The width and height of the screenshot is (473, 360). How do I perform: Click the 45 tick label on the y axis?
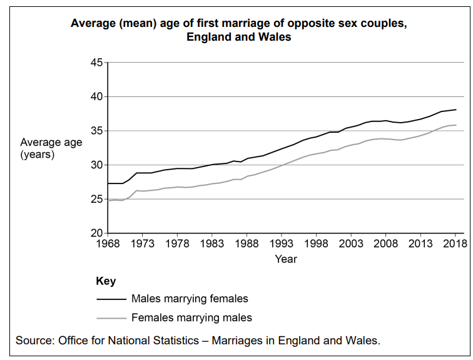(96, 63)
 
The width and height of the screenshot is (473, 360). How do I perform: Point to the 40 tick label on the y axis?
(96, 97)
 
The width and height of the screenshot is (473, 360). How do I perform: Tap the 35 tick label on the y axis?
(96, 131)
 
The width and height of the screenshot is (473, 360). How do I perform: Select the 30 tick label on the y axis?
(96, 165)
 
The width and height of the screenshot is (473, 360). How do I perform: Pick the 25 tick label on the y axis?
(96, 199)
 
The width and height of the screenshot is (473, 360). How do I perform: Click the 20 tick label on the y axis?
(96, 234)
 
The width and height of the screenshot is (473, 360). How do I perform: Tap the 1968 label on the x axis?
(108, 244)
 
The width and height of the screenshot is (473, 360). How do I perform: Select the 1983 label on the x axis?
(212, 244)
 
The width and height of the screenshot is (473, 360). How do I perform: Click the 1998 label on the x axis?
(317, 244)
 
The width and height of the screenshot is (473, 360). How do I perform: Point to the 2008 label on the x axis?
(386, 244)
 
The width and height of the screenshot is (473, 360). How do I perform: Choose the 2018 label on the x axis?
(455, 244)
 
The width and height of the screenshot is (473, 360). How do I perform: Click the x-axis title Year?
(286, 259)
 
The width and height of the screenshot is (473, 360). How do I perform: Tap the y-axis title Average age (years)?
(51, 148)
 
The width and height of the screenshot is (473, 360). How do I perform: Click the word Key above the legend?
(106, 281)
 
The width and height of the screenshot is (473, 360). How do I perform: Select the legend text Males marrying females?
(190, 299)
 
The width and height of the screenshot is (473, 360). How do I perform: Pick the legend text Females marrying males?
(191, 317)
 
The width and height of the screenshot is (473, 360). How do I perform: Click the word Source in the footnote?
(34, 341)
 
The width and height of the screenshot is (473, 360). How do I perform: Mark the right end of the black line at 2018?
(455, 110)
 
